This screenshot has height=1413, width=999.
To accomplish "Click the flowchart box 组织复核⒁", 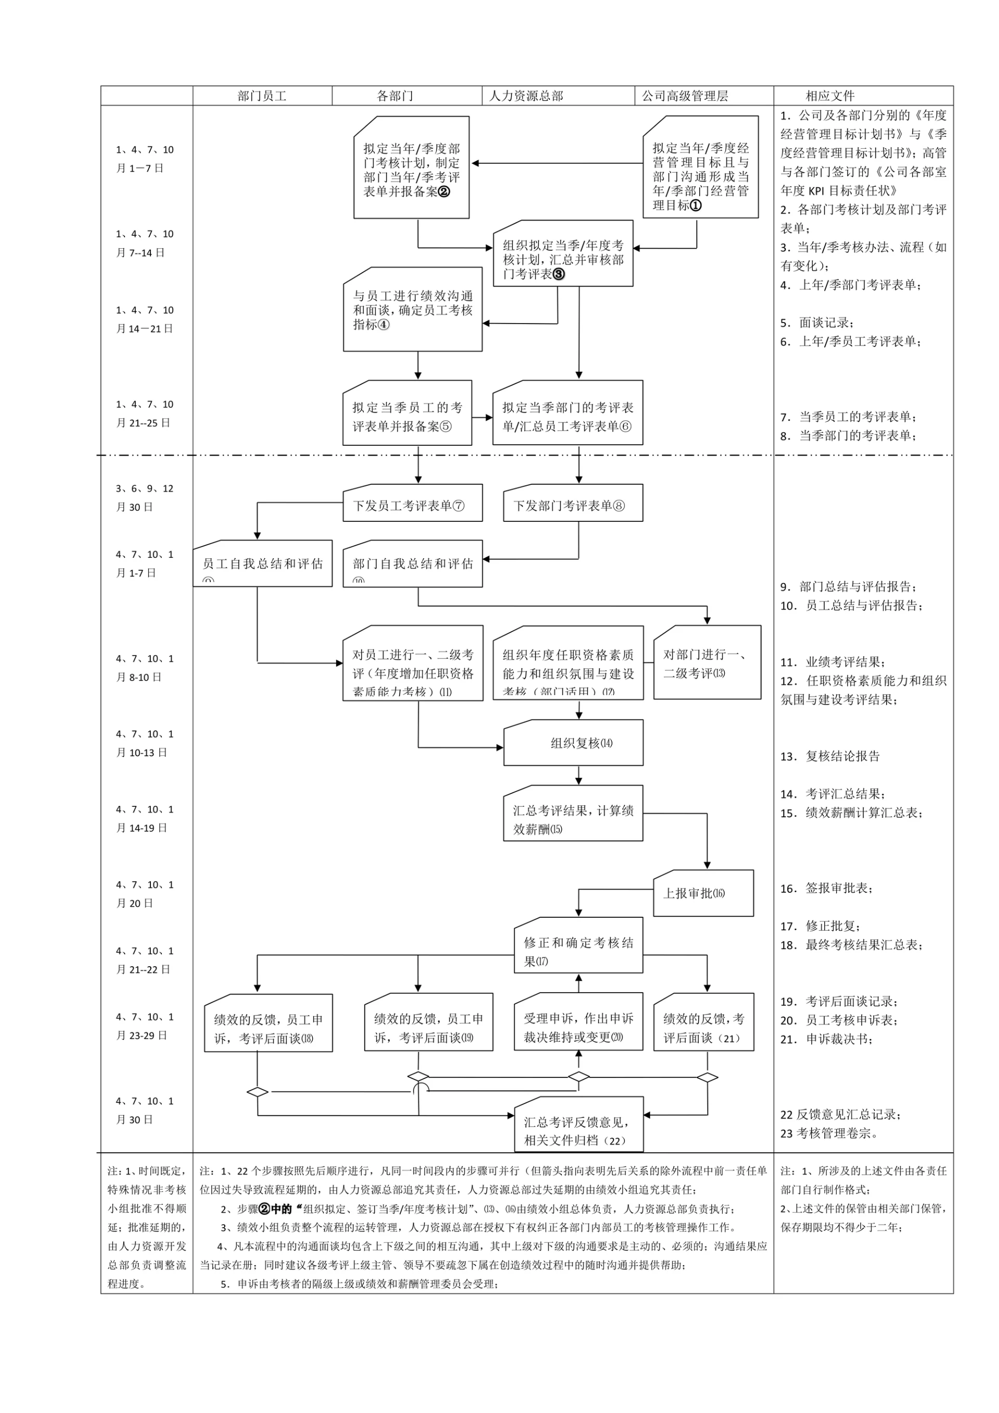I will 573,743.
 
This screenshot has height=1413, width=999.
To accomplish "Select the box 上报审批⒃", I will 703,893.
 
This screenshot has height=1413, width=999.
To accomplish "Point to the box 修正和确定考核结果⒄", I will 579,952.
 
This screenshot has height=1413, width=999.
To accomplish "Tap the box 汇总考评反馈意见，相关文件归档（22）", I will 579,1131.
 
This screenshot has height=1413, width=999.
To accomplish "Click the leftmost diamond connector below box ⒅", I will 257,1093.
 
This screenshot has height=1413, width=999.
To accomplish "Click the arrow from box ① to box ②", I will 557,163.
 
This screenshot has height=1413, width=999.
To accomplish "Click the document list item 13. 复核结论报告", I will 830,756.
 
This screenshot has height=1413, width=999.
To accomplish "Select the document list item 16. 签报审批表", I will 826,888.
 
